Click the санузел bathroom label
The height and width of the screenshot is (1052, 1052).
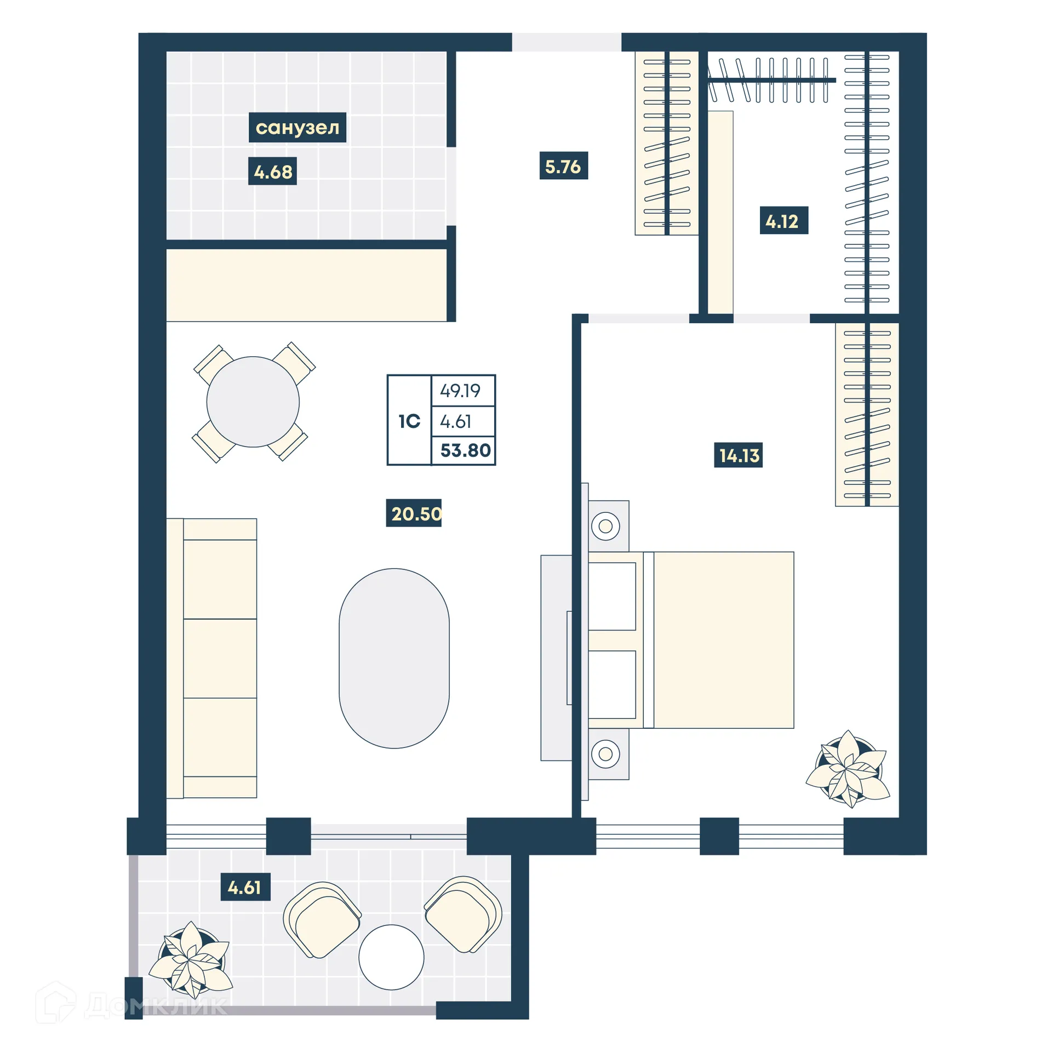pyautogui.click(x=297, y=127)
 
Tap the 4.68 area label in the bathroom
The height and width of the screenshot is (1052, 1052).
pyautogui.click(x=272, y=171)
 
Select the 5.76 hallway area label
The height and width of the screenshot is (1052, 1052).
pyautogui.click(x=563, y=166)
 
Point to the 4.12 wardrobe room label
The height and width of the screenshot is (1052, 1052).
pyautogui.click(x=783, y=221)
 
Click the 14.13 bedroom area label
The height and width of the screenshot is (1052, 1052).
pyautogui.click(x=738, y=455)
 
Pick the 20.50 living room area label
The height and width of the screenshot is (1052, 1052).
pyautogui.click(x=414, y=513)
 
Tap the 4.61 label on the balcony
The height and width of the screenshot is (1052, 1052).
pyautogui.click(x=245, y=887)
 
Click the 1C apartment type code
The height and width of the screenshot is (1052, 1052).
pyautogui.click(x=409, y=421)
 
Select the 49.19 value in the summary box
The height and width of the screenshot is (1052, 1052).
pyautogui.click(x=460, y=391)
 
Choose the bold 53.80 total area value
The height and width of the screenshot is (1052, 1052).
pyautogui.click(x=465, y=450)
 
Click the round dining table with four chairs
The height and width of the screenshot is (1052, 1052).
pyautogui.click(x=253, y=402)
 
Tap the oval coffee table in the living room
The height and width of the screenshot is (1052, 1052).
pyautogui.click(x=394, y=658)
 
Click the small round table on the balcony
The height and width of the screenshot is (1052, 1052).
pyautogui.click(x=391, y=957)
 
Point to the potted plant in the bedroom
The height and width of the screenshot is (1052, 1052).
pyautogui.click(x=848, y=769)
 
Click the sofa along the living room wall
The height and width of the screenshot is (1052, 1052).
pyautogui.click(x=213, y=658)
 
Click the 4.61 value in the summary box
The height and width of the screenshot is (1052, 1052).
pyautogui.click(x=456, y=421)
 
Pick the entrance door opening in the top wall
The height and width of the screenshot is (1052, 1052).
pyautogui.click(x=566, y=42)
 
